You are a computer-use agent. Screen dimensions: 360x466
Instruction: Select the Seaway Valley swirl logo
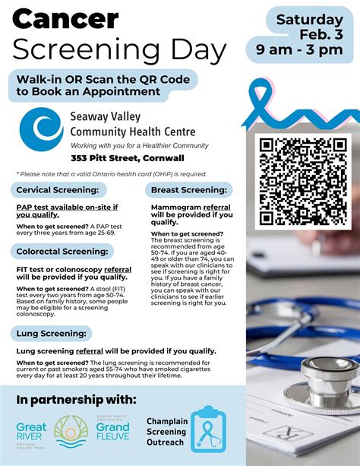(41, 128)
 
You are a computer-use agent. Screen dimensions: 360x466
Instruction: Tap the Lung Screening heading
(50, 333)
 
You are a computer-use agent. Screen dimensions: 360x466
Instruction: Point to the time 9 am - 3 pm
(300, 51)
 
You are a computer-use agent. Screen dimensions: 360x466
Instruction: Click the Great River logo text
(30, 432)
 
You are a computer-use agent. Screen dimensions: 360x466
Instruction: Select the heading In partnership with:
(76, 399)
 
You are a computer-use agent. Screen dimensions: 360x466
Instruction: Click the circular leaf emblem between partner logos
(71, 431)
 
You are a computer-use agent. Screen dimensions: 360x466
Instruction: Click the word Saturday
(309, 19)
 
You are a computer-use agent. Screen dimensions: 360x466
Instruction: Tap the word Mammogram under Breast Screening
(176, 206)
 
